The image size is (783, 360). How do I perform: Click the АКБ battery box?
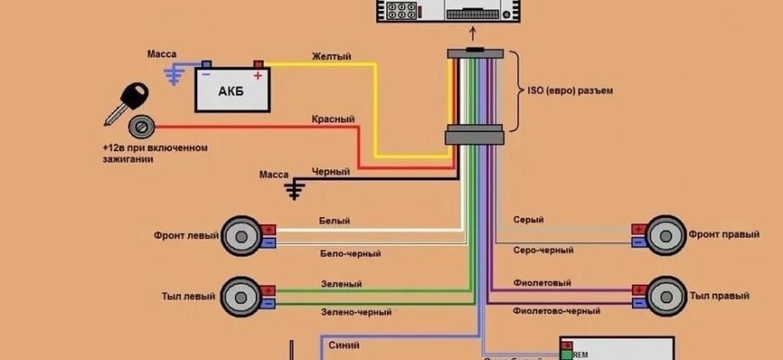pyautogui.click(x=232, y=90)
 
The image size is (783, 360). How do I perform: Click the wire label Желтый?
pyautogui.click(x=331, y=56)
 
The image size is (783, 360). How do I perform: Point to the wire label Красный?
pyautogui.click(x=333, y=119)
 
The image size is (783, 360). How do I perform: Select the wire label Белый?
pyautogui.click(x=334, y=220)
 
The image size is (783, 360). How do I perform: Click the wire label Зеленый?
pyautogui.click(x=341, y=283)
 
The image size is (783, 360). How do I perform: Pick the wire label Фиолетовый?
pyautogui.click(x=542, y=283)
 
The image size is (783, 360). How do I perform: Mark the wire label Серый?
pyautogui.click(x=527, y=220)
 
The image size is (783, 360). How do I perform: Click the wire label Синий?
pyautogui.click(x=345, y=344)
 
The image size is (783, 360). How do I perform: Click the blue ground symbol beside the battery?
pyautogui.click(x=174, y=76)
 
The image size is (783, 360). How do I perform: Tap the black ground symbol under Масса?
pyautogui.click(x=294, y=189)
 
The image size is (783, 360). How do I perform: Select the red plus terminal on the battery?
pyautogui.click(x=258, y=65)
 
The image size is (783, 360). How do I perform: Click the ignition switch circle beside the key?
pyautogui.click(x=139, y=125)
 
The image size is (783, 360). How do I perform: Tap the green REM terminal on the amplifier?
pyautogui.click(x=565, y=355)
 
